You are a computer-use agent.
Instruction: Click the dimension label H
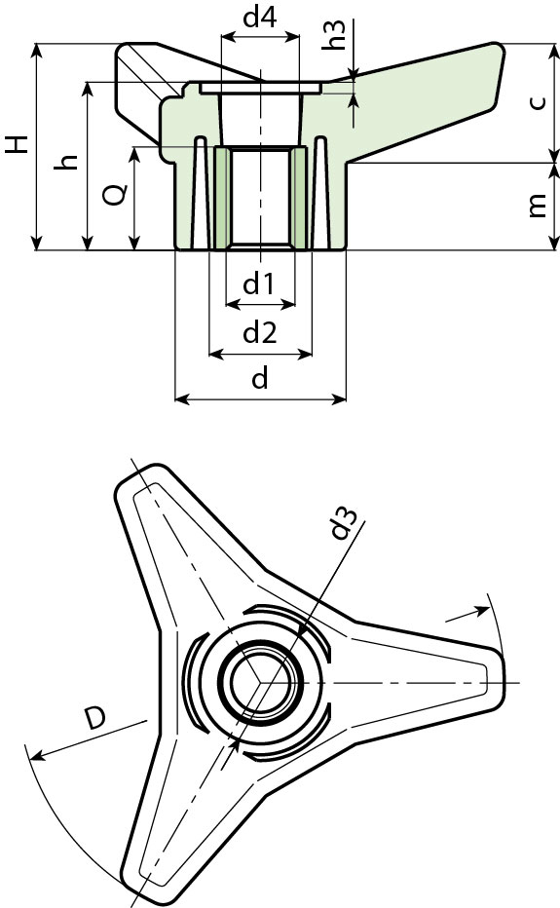click(17, 145)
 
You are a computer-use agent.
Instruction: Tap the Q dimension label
click(114, 196)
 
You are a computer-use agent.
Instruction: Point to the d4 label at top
click(259, 18)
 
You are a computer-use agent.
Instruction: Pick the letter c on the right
click(537, 102)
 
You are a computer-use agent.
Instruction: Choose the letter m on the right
click(537, 206)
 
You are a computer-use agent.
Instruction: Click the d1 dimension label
click(258, 284)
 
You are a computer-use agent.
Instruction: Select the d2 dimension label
click(259, 333)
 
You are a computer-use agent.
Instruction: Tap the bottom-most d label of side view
click(259, 379)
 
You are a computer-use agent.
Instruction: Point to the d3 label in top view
click(340, 523)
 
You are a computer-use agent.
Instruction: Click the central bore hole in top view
click(259, 682)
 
